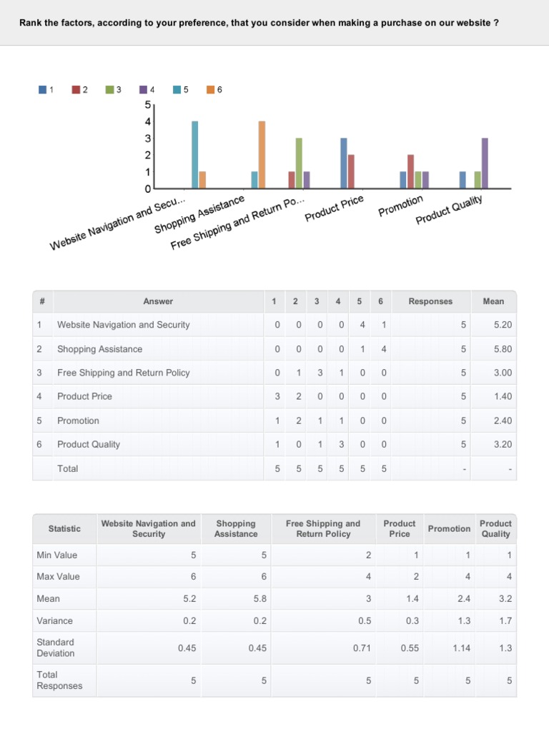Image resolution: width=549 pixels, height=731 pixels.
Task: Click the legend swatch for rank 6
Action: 211,89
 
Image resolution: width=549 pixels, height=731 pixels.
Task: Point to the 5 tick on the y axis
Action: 148,104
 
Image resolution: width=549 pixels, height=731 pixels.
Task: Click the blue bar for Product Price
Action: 344,163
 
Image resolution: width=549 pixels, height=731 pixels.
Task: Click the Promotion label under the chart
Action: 401,206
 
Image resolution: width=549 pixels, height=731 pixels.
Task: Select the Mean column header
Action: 493,301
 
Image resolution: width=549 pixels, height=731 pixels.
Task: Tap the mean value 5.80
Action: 503,349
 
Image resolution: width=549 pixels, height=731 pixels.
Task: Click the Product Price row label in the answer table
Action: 84,396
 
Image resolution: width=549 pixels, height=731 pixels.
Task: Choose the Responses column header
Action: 430,301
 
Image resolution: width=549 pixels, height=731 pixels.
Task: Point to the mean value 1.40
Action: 503,396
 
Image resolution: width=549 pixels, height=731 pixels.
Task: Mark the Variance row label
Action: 54,621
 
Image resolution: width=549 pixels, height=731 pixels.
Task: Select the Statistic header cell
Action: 64,528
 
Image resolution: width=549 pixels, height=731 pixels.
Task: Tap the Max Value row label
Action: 58,576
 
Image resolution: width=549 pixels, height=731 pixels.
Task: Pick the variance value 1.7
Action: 505,621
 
